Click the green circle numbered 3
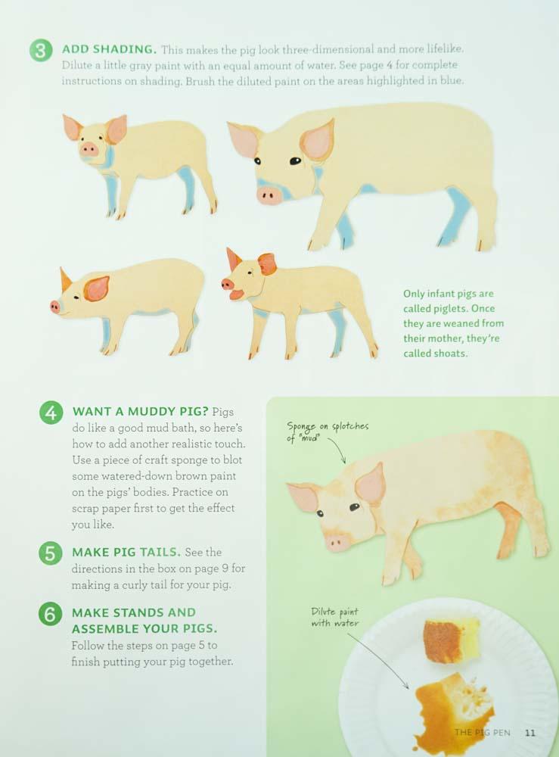(x=41, y=50)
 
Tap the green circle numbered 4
(x=51, y=413)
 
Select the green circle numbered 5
(x=50, y=553)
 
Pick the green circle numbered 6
(x=50, y=614)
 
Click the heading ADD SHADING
(x=109, y=49)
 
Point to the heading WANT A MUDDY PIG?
(x=141, y=411)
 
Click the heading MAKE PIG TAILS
(x=126, y=552)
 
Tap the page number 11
(x=530, y=733)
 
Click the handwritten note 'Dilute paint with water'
(x=335, y=618)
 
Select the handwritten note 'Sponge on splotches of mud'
(x=328, y=431)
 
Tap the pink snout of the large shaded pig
(x=269, y=195)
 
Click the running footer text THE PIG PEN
(x=482, y=732)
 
